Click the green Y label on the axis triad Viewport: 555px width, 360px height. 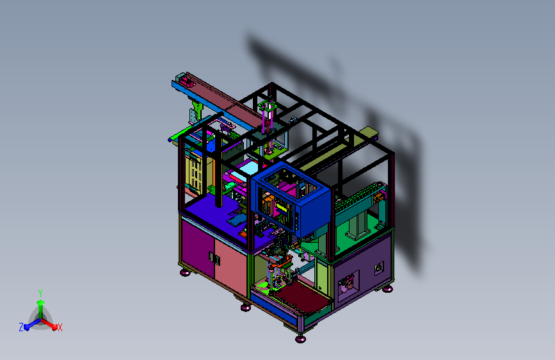coord(40,293)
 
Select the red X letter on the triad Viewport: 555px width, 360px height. coord(60,327)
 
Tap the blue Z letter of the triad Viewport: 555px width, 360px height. coord(21,327)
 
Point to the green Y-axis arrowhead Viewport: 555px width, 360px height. coord(41,302)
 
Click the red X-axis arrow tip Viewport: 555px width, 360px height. coord(54,327)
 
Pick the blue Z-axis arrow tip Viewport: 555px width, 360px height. coord(27,327)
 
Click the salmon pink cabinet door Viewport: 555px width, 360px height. coord(230,265)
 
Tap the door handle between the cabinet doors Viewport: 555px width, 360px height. coord(214,258)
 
